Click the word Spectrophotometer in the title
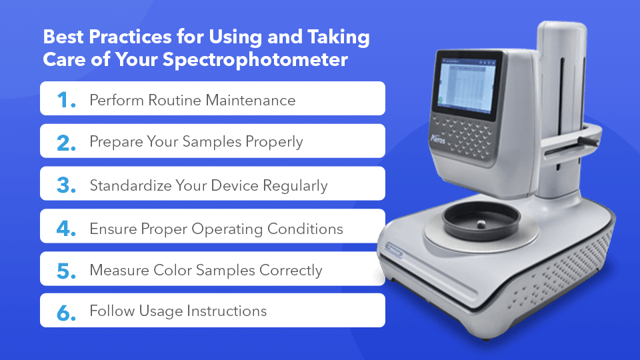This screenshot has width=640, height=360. (x=255, y=60)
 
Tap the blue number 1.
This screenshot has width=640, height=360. (x=66, y=100)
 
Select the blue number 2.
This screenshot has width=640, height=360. (x=66, y=143)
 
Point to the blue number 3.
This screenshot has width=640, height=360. (x=66, y=185)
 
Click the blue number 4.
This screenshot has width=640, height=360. (x=66, y=228)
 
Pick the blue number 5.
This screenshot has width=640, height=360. (x=66, y=271)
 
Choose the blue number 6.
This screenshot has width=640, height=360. (x=66, y=313)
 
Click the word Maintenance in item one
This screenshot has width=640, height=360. (x=250, y=100)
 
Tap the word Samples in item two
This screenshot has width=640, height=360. (x=212, y=141)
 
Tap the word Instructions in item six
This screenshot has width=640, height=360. (x=227, y=311)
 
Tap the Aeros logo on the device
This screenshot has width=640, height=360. (x=437, y=139)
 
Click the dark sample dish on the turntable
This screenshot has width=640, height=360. (x=481, y=221)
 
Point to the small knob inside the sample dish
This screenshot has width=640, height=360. (x=481, y=224)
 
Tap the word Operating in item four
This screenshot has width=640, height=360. (x=227, y=229)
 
